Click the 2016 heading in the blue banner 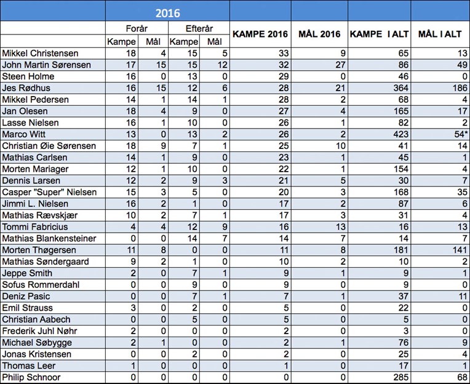pos(167,13)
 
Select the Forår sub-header pos(137,28)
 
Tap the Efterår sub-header pos(199,28)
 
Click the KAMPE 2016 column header pos(260,34)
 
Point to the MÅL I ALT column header pos(440,34)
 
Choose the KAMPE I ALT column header pos(379,34)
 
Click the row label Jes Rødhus pos(26,88)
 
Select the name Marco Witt pos(23,134)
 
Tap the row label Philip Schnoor pos(31,377)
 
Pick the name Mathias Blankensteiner pos(49,238)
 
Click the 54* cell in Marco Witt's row pos(461,134)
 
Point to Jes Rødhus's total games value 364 pos(400,88)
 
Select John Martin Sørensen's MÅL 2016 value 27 pos(340,65)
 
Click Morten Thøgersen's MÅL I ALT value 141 pos(460,250)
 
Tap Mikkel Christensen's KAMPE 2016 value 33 pos(283,53)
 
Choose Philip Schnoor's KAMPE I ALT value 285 pos(400,377)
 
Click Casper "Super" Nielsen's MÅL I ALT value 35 pos(462,192)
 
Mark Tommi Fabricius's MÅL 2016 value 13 pos(340,226)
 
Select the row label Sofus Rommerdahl pos(41,284)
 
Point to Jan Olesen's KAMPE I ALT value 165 pos(400,111)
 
